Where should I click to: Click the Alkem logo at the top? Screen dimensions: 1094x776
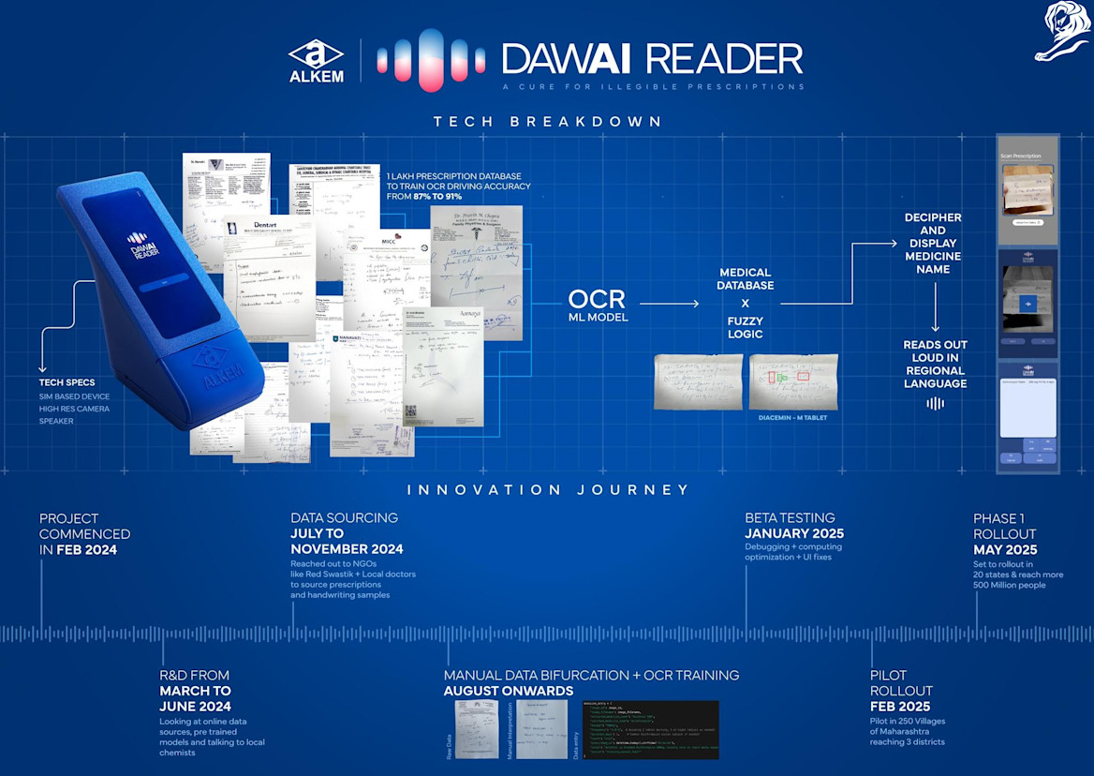316,61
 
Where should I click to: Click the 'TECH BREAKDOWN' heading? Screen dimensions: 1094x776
547,122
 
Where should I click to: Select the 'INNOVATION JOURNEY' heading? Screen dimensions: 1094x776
548,489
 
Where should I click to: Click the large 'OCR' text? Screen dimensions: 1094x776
596,300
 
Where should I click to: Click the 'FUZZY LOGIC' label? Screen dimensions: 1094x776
745,327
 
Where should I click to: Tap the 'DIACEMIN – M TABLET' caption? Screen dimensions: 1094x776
792,417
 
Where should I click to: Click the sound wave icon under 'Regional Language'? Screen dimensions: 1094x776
935,403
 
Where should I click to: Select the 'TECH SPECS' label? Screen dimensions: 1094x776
67,382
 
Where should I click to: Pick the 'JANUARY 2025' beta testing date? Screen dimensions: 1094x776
794,533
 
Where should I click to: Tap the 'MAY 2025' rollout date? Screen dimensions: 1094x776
1005,550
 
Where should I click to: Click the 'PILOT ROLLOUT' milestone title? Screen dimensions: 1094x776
902,682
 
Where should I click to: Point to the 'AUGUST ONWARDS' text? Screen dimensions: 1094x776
509,691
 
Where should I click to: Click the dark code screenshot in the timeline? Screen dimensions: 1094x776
650,729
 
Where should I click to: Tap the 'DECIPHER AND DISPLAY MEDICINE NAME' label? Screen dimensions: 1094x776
933,243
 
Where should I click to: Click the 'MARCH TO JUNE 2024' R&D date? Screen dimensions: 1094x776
195,698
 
